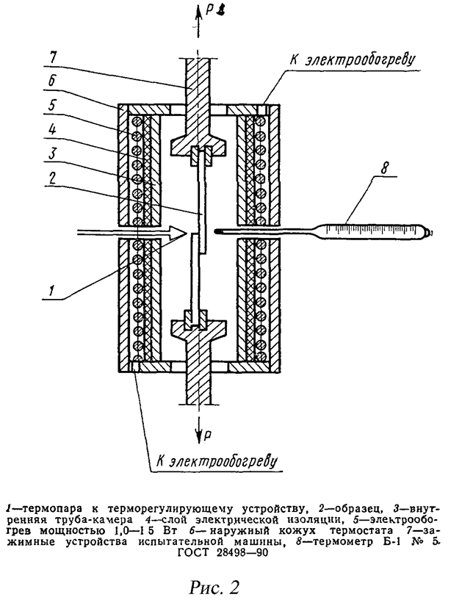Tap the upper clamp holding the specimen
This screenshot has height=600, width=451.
[195, 145]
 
